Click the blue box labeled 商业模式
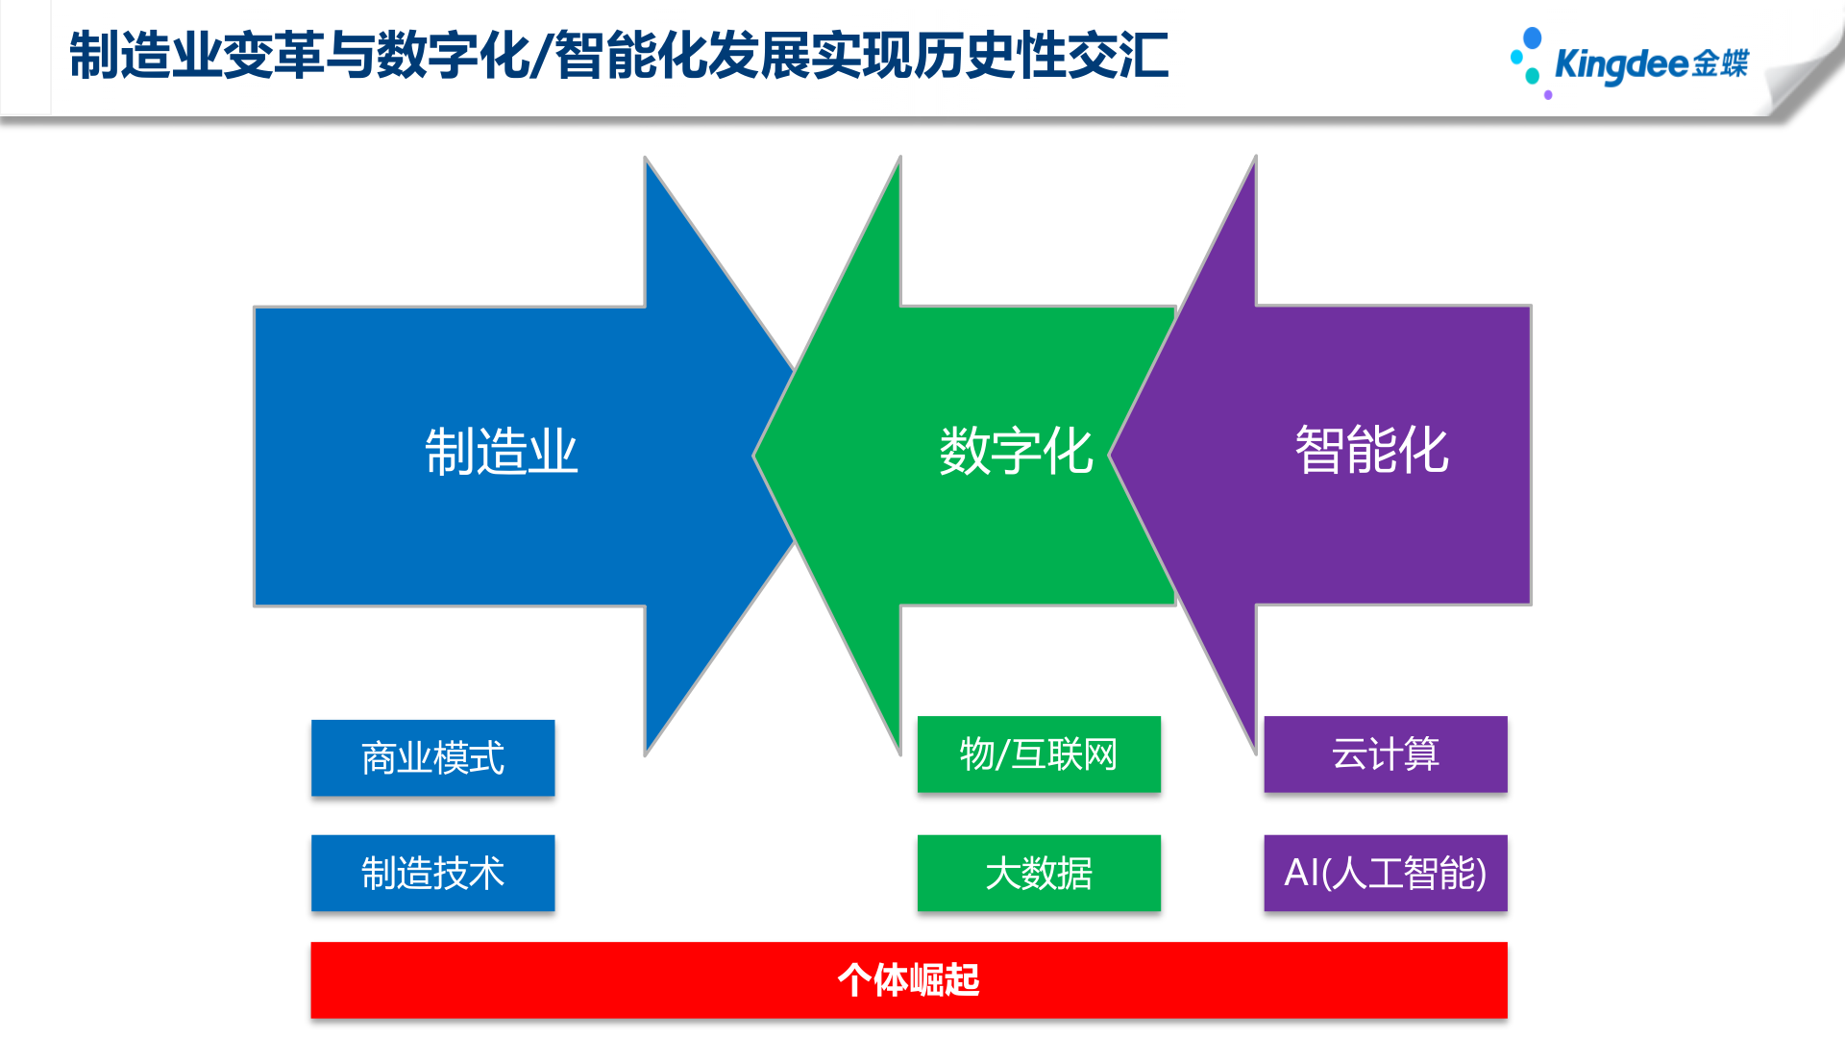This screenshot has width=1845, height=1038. [432, 757]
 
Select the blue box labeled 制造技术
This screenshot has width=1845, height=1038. [432, 873]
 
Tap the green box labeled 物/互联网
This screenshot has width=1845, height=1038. [1039, 754]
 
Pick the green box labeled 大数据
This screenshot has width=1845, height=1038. [1039, 873]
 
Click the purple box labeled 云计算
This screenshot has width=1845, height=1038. [1385, 754]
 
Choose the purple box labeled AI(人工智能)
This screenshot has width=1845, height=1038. [1385, 873]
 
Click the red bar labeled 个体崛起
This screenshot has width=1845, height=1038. [908, 980]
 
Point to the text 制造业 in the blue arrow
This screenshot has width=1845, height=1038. [501, 452]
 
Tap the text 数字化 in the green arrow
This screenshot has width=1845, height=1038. [1016, 451]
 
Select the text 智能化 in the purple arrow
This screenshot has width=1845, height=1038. [1371, 449]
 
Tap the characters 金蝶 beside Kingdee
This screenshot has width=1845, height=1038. [1720, 63]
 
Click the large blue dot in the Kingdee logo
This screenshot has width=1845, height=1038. [1533, 37]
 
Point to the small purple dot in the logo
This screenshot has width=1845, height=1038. [1548, 95]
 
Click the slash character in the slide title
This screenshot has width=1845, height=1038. [542, 56]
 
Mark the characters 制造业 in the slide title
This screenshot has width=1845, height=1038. [144, 56]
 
